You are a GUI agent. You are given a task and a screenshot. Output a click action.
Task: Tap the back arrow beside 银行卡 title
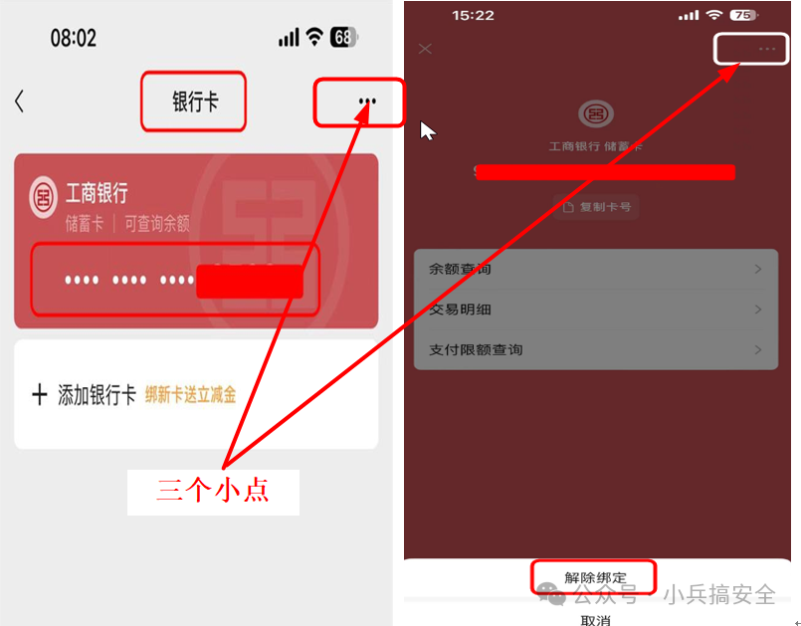pyautogui.click(x=19, y=101)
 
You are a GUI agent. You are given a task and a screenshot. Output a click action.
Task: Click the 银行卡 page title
pyautogui.click(x=194, y=102)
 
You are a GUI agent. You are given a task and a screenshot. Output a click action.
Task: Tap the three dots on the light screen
pyautogui.click(x=367, y=101)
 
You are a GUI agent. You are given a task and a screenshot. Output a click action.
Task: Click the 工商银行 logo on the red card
pyautogui.click(x=44, y=196)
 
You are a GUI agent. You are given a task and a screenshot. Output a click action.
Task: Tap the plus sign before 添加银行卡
pyautogui.click(x=40, y=395)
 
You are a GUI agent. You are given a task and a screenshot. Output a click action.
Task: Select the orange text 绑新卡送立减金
pyautogui.click(x=191, y=395)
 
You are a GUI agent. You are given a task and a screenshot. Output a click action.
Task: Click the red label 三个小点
pyautogui.click(x=213, y=491)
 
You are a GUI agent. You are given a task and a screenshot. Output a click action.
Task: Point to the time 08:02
pyautogui.click(x=74, y=38)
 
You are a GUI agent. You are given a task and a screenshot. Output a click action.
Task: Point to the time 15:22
pyautogui.click(x=473, y=16)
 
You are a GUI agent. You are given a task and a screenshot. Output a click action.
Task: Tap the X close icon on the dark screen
pyautogui.click(x=426, y=49)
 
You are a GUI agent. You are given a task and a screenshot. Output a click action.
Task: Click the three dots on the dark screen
pyautogui.click(x=766, y=49)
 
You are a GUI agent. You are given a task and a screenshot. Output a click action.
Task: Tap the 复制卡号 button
pyautogui.click(x=596, y=207)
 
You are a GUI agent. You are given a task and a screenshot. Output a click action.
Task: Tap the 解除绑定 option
pyautogui.click(x=595, y=577)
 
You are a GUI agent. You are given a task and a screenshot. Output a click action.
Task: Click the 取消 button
pyautogui.click(x=595, y=619)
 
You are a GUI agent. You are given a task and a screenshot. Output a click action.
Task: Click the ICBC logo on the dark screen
pyautogui.click(x=597, y=114)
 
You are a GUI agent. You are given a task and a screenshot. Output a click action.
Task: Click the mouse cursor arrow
pyautogui.click(x=427, y=130)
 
